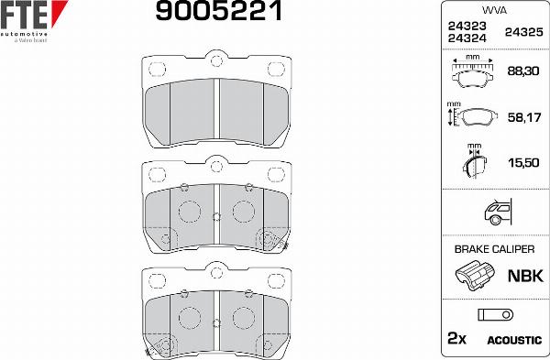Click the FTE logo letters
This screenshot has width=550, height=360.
coord(24,15)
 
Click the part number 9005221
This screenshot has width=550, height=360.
coord(219,10)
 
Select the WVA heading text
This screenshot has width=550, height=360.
coord(494,10)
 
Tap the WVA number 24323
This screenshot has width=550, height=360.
coord(467,26)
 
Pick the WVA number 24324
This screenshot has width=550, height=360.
coord(467,38)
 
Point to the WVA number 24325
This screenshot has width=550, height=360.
coord(523,32)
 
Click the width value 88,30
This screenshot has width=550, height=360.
coord(523,71)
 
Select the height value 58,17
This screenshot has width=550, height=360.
coord(524,117)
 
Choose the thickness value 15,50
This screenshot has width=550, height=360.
coord(523,163)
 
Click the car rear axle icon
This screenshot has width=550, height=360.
coord(498,212)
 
